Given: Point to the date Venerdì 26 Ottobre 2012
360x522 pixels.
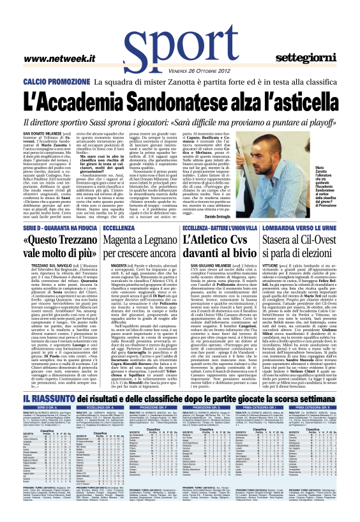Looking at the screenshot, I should (181, 70).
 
